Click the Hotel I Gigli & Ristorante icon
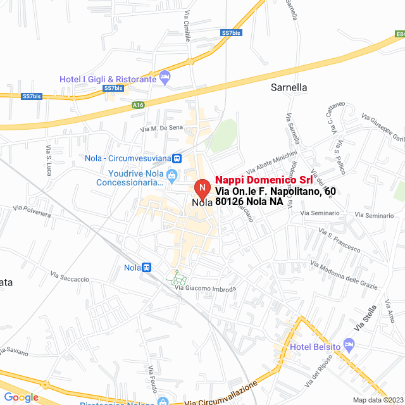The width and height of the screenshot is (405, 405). (x=165, y=77)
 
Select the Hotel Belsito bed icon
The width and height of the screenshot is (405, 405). (x=349, y=346)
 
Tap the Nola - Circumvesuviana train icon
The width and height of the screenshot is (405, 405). (x=177, y=158)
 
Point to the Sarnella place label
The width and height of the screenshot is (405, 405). (x=289, y=87)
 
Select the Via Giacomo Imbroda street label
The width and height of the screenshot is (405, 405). (x=205, y=289)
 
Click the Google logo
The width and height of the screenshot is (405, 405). (x=21, y=397)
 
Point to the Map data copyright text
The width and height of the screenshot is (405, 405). (x=378, y=400)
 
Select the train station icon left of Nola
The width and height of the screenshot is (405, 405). (x=147, y=268)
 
